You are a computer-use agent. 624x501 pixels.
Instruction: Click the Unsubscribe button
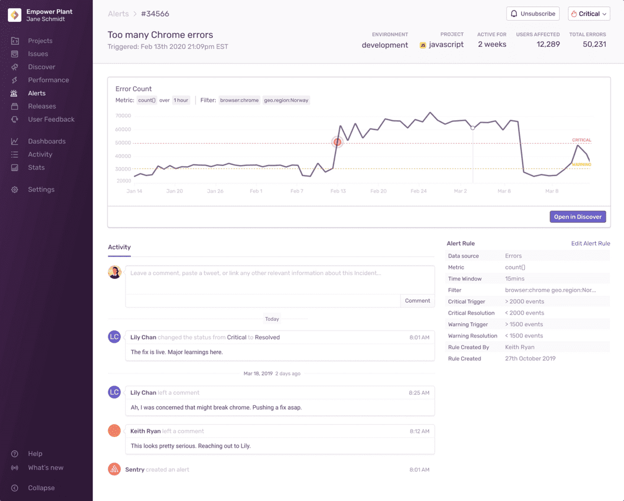coord(533,14)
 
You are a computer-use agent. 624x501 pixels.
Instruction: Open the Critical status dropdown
coord(589,14)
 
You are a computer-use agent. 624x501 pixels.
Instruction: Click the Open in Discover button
coord(578,217)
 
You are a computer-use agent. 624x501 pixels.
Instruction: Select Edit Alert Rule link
coord(591,243)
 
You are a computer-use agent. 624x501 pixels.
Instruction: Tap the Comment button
coord(417,301)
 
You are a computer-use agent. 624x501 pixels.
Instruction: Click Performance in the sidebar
coord(48,80)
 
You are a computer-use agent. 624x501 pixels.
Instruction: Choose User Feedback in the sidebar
coord(51,119)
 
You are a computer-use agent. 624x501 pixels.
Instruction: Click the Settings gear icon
coord(15,189)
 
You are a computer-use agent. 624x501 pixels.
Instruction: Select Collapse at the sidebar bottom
coord(41,487)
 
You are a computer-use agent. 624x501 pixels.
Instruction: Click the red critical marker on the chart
coord(337,142)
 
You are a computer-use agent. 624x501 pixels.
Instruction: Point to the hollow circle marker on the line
coord(473,127)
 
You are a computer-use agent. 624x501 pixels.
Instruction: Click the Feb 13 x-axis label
coord(338,191)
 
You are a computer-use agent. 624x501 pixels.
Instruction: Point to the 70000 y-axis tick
coord(123,115)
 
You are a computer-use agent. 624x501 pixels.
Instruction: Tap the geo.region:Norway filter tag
coord(286,100)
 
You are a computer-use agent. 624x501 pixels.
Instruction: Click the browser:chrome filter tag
coord(239,100)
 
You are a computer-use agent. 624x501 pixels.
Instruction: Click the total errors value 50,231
coord(594,44)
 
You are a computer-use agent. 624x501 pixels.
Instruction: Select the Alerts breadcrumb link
coord(119,14)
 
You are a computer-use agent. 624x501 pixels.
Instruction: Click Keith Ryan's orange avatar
coord(114,430)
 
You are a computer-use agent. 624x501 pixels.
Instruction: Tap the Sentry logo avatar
coord(114,469)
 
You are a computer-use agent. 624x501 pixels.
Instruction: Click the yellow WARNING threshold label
coord(581,164)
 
